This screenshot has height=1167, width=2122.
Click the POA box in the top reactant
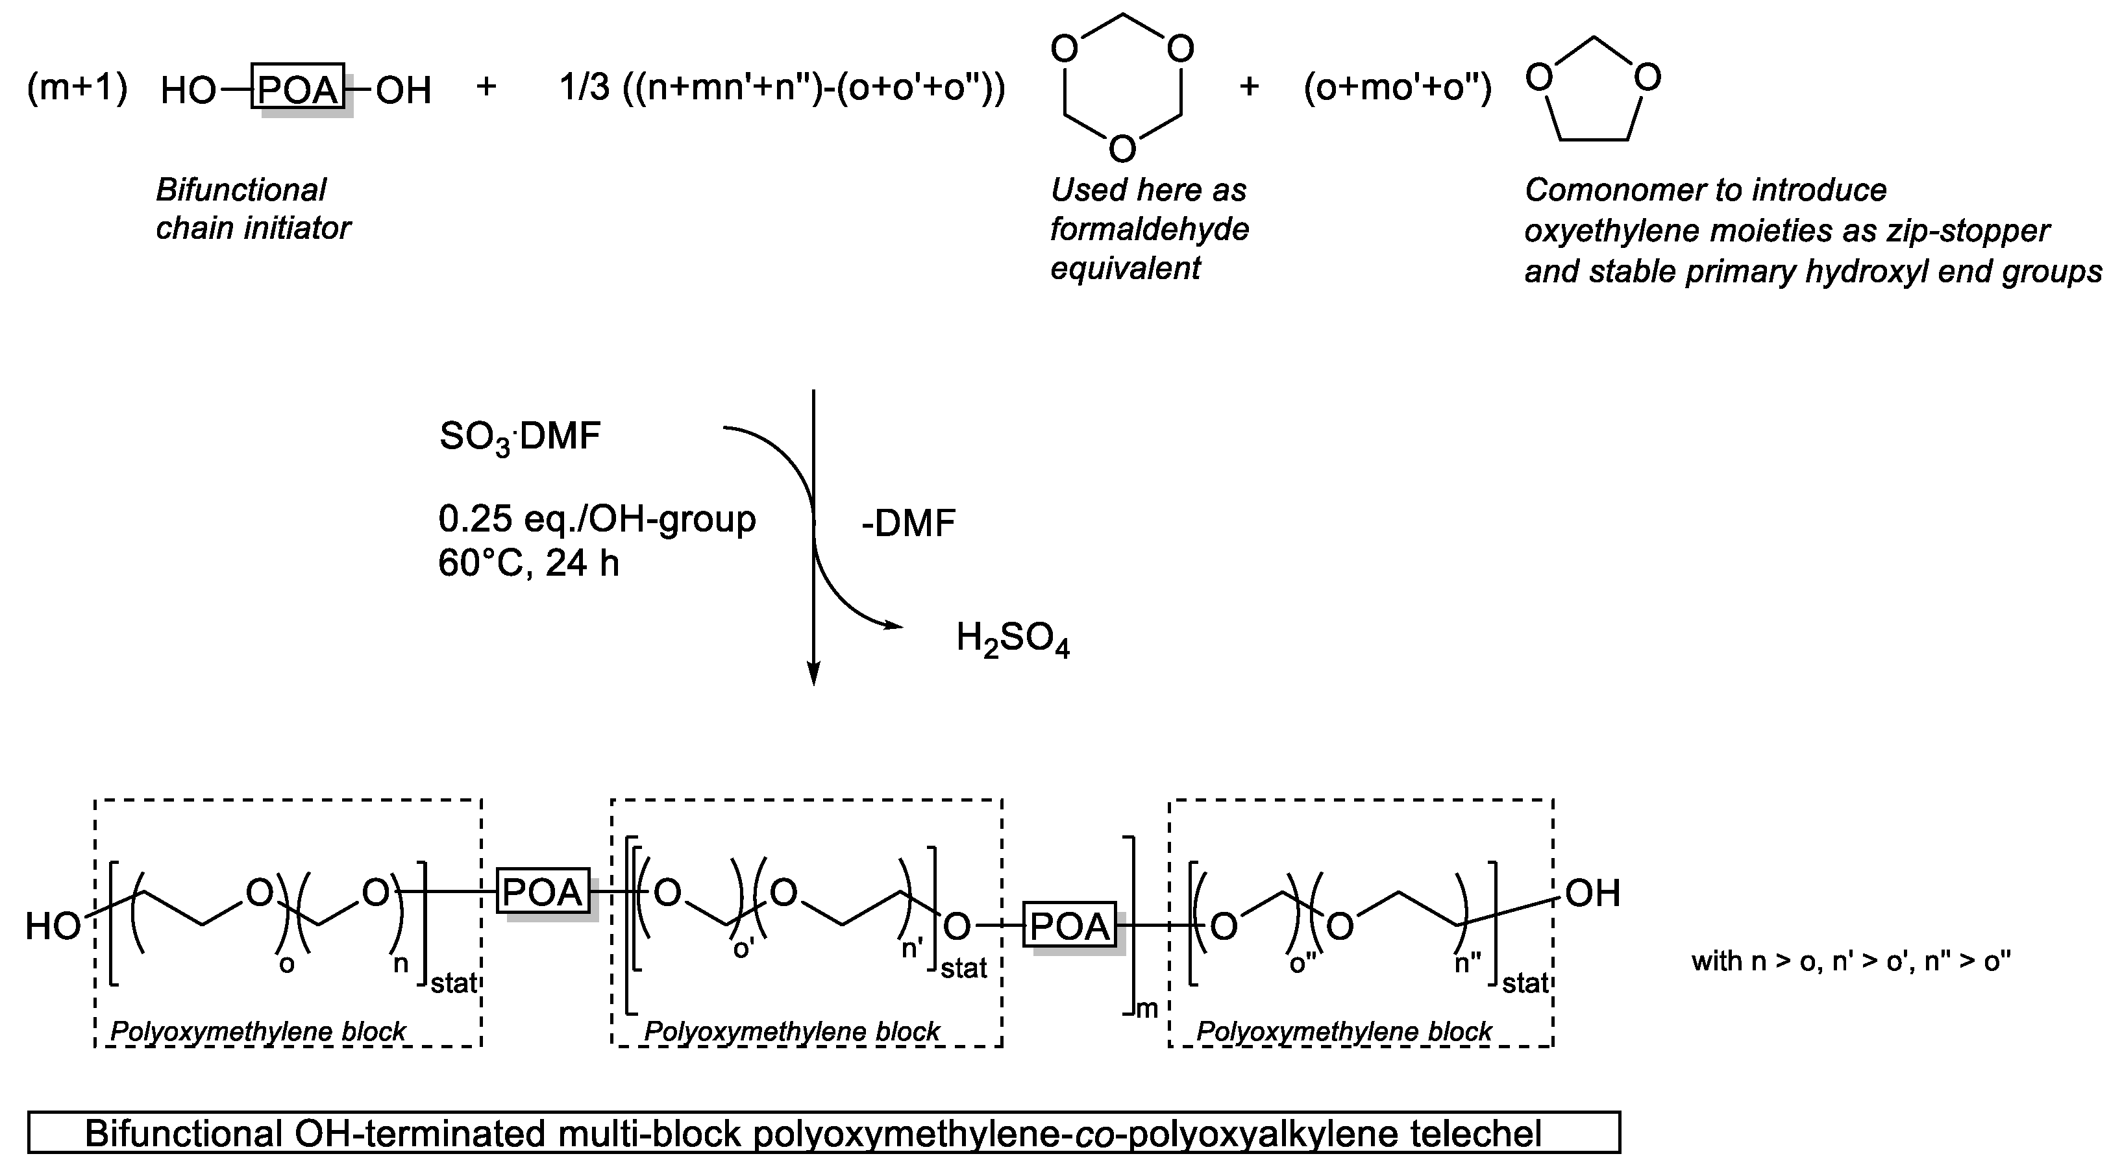point(298,86)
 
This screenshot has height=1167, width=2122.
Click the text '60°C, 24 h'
point(528,563)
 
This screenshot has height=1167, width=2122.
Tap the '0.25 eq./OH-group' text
point(597,519)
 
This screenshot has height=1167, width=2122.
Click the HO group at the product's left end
point(53,926)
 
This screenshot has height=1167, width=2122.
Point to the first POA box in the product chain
point(543,891)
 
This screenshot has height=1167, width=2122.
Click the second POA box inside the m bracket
point(1069,926)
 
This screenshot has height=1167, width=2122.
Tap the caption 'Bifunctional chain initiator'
point(252,209)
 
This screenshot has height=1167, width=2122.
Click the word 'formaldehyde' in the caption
point(1149,229)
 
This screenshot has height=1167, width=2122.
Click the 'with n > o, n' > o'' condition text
point(1851,961)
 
